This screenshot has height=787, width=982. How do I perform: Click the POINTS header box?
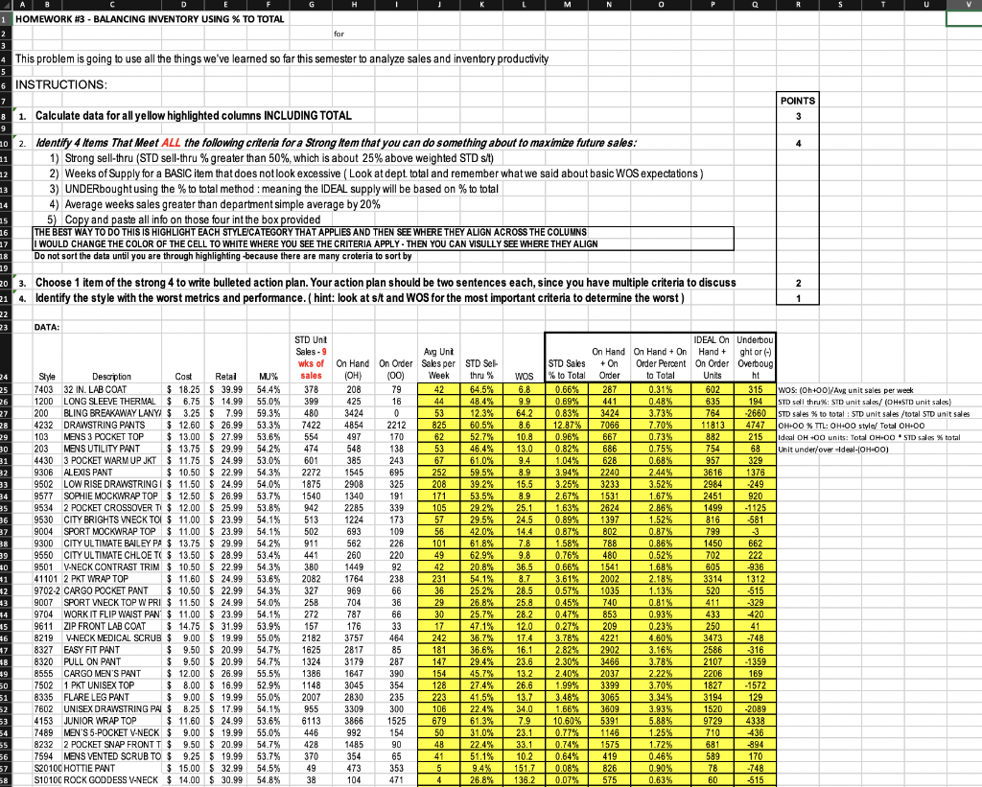[x=798, y=100]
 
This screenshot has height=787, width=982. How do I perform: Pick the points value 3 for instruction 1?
[x=798, y=116]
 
